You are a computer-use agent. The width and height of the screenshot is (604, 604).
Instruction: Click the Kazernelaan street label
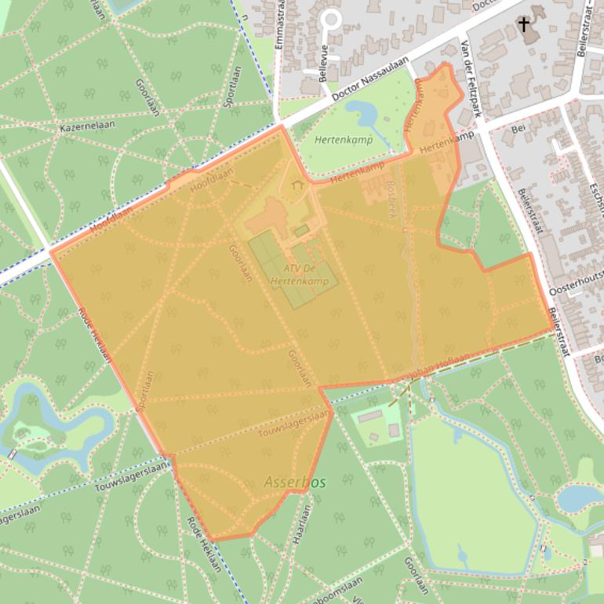[88, 126]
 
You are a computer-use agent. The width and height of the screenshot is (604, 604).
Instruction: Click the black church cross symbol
[523, 25]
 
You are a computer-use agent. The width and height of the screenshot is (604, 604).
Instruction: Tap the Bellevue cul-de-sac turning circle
[331, 18]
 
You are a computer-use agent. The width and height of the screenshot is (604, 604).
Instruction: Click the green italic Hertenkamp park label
[344, 140]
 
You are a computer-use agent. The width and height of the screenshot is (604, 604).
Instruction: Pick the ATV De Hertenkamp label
[295, 275]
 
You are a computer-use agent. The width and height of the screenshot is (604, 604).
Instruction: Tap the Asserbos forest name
[295, 482]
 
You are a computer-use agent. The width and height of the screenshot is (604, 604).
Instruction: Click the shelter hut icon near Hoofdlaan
[297, 186]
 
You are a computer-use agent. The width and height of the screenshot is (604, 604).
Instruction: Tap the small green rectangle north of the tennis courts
[301, 231]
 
